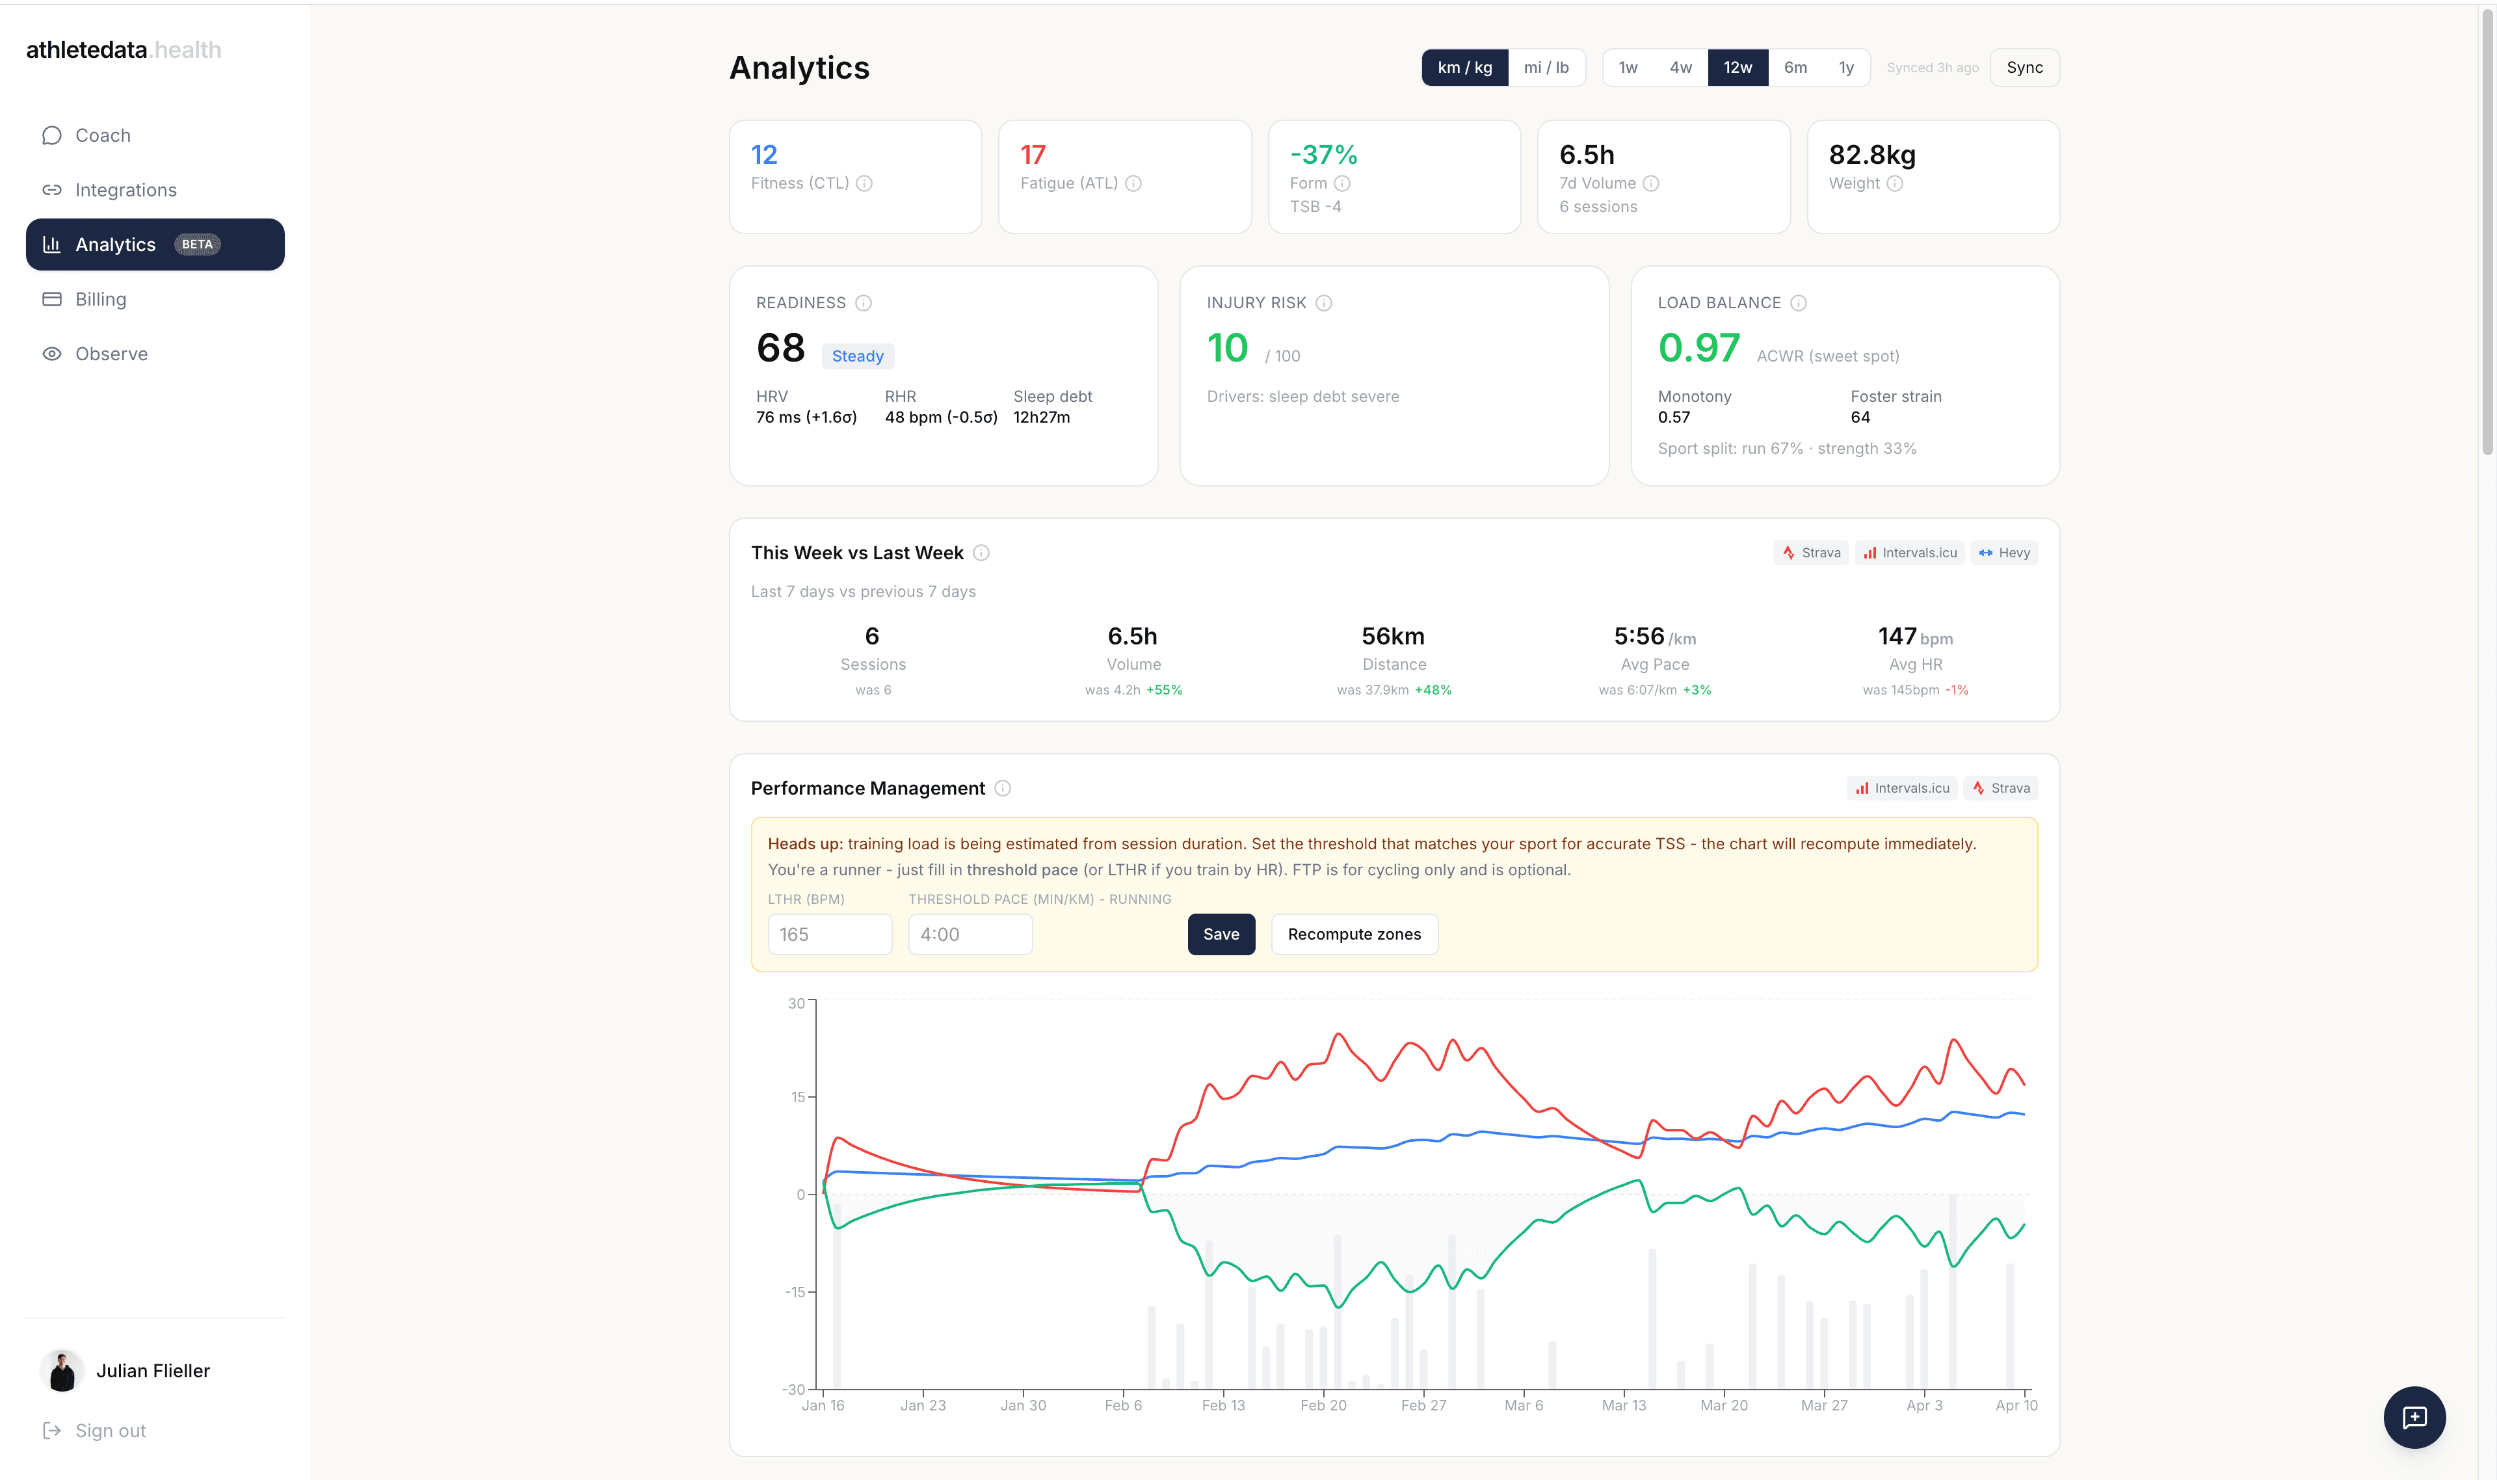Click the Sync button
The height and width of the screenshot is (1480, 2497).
point(2024,68)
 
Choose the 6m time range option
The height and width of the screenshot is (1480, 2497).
point(1794,68)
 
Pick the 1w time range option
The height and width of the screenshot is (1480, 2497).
point(1628,68)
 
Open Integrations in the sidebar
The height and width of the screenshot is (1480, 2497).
point(126,189)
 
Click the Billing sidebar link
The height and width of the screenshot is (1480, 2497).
point(101,299)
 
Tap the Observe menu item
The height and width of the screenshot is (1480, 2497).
point(111,354)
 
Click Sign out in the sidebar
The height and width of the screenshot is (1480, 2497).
point(110,1430)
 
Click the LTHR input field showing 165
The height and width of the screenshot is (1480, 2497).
point(828,934)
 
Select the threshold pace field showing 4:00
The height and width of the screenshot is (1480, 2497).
point(970,934)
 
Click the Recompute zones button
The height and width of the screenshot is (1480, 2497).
point(1353,934)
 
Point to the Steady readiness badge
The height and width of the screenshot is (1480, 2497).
point(856,356)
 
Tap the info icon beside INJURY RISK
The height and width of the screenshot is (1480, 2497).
point(1323,303)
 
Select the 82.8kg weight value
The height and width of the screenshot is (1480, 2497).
point(1871,155)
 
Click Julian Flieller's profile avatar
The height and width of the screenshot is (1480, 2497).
point(62,1371)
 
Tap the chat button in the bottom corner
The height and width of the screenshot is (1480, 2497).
point(2413,1417)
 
